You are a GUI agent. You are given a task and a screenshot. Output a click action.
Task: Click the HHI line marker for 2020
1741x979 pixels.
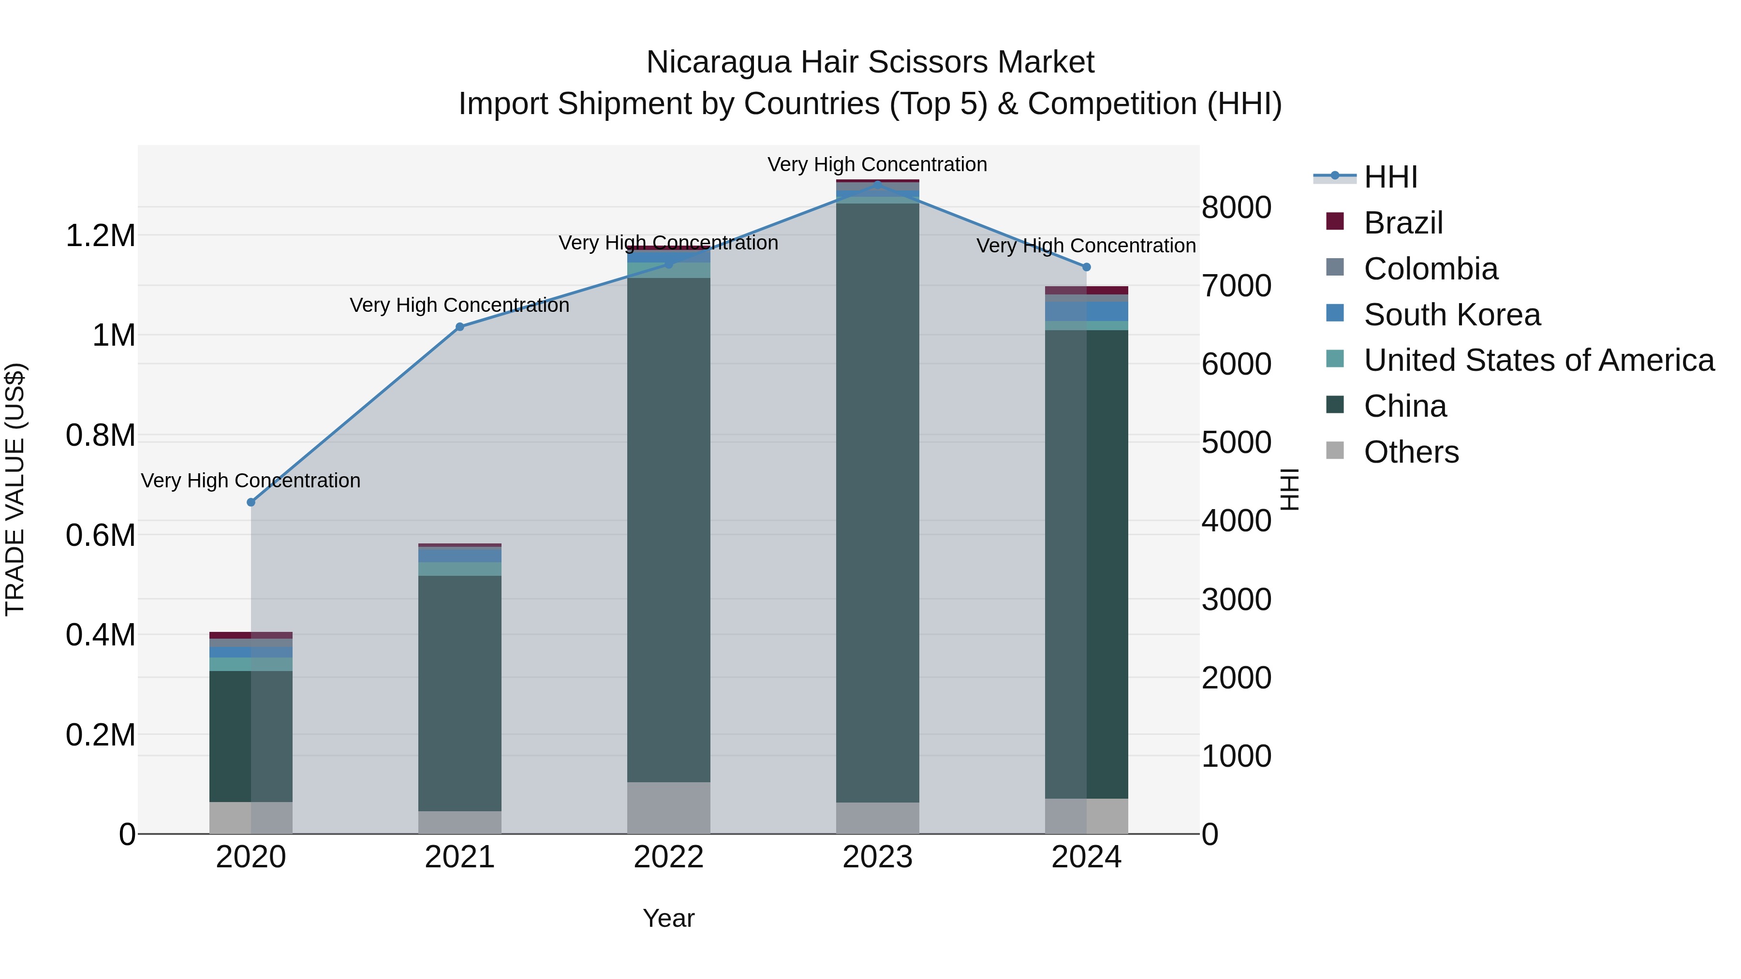[251, 502]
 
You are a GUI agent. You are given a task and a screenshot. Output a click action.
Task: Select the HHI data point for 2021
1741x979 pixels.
[459, 327]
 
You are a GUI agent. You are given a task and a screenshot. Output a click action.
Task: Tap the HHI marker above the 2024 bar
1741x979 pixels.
[1086, 267]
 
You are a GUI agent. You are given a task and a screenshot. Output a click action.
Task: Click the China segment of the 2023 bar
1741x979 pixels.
[877, 503]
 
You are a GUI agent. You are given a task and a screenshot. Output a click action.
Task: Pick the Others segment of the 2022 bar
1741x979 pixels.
[668, 807]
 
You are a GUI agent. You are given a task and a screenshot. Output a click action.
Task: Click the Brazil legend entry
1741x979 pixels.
[1402, 223]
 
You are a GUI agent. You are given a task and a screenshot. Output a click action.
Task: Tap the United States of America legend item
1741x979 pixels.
[1538, 360]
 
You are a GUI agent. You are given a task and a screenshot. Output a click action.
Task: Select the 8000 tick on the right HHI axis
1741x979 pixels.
[1236, 207]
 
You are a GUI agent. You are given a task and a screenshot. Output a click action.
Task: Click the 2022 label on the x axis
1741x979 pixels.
[668, 857]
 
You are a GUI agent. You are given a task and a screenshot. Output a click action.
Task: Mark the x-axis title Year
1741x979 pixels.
[668, 918]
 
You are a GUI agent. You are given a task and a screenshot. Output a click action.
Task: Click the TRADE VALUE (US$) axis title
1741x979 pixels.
[15, 489]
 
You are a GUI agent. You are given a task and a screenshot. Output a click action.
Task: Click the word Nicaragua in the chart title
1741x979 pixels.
[718, 62]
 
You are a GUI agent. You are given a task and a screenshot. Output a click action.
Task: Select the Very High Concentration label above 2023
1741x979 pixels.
[877, 164]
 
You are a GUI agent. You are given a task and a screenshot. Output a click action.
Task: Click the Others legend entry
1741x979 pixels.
[1411, 452]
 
